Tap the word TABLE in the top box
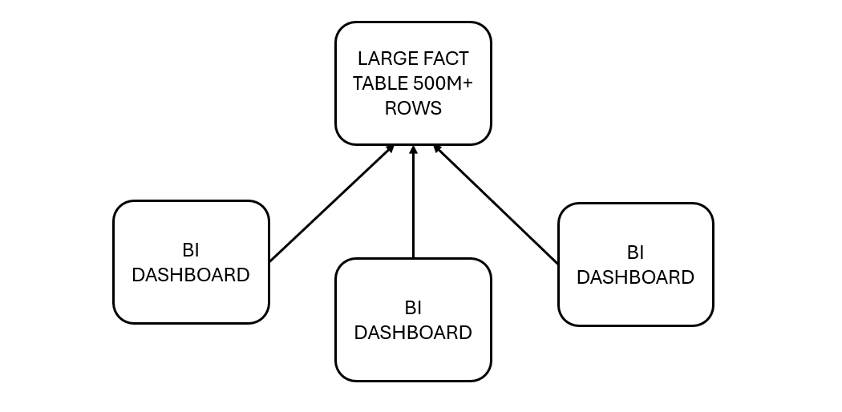(x=378, y=83)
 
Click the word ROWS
(x=413, y=108)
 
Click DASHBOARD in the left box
(x=191, y=275)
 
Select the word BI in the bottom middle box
(x=413, y=307)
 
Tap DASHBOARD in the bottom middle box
(x=413, y=333)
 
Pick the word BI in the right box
(x=635, y=252)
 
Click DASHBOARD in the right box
(x=635, y=277)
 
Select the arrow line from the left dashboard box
(x=330, y=204)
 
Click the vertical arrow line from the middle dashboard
(x=413, y=204)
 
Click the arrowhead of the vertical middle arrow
(x=413, y=149)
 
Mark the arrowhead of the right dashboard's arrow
(x=437, y=148)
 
